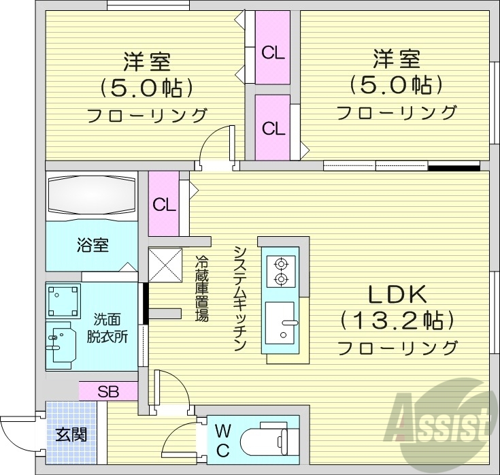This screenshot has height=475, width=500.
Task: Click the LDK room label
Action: pyautogui.click(x=397, y=295)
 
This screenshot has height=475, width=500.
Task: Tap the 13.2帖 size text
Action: pyautogui.click(x=397, y=319)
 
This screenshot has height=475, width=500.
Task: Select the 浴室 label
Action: pyautogui.click(x=91, y=245)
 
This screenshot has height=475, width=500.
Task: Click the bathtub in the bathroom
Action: pyautogui.click(x=91, y=197)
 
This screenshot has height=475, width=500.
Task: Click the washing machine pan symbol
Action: pyautogui.click(x=65, y=300)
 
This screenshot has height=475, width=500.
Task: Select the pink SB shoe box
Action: pyautogui.click(x=108, y=391)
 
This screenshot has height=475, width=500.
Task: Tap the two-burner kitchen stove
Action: pyautogui.click(x=280, y=271)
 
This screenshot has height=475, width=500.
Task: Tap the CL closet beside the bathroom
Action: pyautogui.click(x=163, y=204)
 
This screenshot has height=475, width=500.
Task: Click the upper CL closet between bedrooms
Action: pyautogui.click(x=273, y=53)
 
